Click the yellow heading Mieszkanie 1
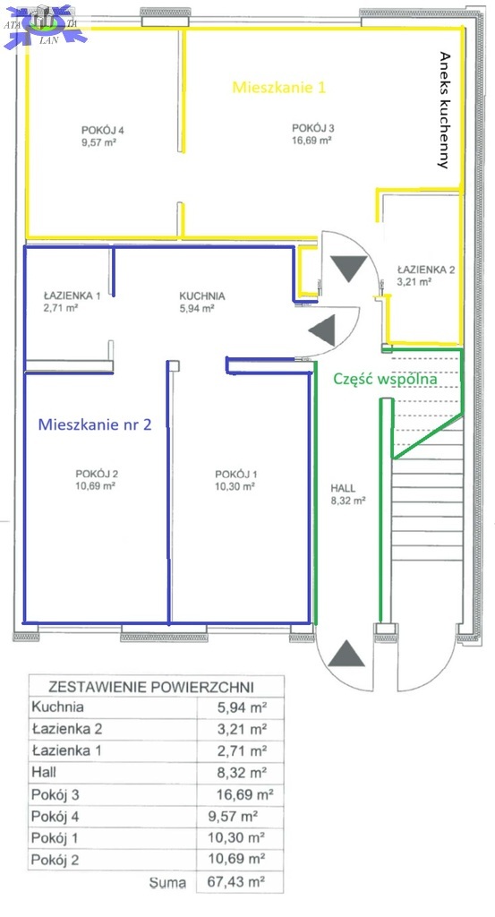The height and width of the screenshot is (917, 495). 278,87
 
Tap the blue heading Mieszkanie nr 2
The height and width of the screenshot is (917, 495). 95,424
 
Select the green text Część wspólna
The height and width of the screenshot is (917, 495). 385,379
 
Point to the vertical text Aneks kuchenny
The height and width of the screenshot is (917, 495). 445,110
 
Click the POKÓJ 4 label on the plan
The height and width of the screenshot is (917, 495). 103,130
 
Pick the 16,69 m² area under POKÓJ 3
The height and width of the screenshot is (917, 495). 312,140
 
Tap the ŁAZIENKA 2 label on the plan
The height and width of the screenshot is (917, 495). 425,270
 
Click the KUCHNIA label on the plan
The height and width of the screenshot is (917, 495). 202,296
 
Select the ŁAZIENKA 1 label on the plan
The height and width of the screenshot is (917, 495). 72,296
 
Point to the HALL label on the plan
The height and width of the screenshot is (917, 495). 343,488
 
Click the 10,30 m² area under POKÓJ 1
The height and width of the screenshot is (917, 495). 235,486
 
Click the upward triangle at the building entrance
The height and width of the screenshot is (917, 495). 346,654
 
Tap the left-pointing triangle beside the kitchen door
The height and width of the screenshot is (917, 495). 323,330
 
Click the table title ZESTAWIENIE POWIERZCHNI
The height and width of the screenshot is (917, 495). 150,686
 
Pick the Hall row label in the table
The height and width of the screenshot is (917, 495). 44,772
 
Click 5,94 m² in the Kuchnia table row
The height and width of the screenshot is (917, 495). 242,707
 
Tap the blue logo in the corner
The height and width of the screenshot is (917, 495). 45,26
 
